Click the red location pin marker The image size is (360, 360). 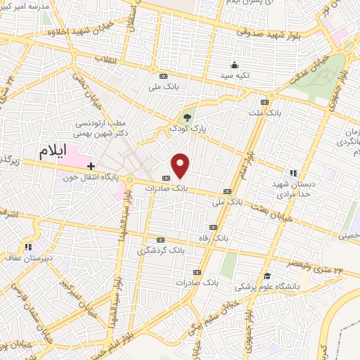click(x=181, y=166)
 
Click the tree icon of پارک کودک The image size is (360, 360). click(x=187, y=118)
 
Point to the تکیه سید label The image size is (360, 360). click(x=233, y=74)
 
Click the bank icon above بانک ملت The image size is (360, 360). click(x=264, y=101)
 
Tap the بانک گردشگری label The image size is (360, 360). click(x=162, y=250)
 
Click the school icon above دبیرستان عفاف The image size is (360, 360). click(x=29, y=247)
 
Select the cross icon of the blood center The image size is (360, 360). click(x=91, y=166)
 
